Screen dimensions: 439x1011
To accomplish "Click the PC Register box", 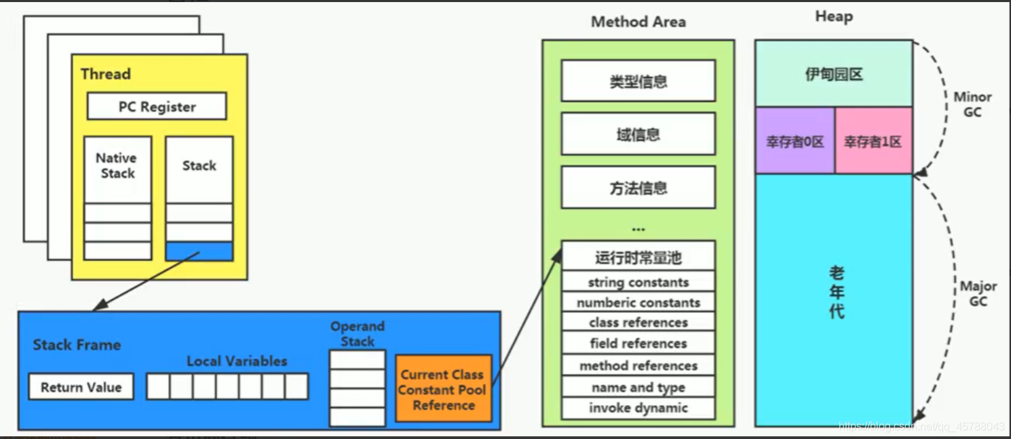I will coord(157,107).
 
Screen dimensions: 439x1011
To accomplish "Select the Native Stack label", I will coord(117,165).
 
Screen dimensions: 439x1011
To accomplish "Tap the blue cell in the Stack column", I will coord(199,251).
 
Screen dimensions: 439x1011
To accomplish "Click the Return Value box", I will coord(81,387).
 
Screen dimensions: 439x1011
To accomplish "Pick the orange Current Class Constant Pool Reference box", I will coord(443,390).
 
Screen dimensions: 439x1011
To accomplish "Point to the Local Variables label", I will coord(237,361).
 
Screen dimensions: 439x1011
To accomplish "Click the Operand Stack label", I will coord(357,334).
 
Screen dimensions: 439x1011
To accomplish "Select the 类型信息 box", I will coord(638,81).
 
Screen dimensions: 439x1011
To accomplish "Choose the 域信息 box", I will coord(638,134).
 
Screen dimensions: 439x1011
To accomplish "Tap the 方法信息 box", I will coord(638,188).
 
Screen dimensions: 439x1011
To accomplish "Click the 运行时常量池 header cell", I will coord(638,257).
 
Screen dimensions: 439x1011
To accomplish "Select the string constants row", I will coord(638,283).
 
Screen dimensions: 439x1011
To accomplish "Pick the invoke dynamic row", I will coord(638,408).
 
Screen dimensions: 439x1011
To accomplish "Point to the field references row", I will coord(638,343).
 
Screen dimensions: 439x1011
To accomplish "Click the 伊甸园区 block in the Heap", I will coord(833,74).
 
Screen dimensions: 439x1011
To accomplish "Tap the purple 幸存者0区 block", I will coord(795,142).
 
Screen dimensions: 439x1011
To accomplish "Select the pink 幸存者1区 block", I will coord(873,142).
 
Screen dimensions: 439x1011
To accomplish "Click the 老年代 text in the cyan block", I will coord(837,293).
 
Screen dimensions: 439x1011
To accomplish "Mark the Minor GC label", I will coord(972,104).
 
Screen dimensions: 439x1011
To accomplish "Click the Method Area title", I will coord(638,22).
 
